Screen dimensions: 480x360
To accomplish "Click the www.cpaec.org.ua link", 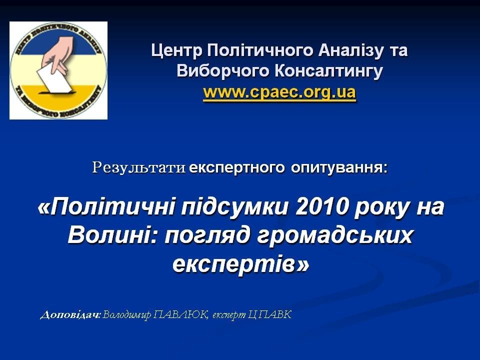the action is (279, 92).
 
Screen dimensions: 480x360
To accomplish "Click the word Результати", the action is (139, 168).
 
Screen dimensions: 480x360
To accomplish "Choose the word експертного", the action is (237, 168).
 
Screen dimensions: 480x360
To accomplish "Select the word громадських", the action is (334, 235).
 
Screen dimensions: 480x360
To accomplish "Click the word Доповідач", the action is (70, 314).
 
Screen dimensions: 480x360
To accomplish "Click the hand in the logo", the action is (57, 54).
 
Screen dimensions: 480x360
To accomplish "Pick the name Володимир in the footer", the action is (126, 314).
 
